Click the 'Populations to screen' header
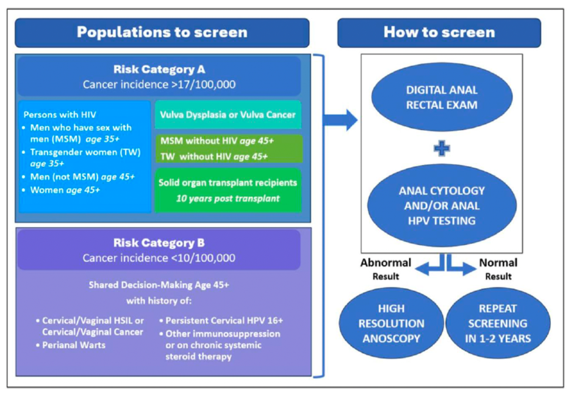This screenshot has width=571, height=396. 162,32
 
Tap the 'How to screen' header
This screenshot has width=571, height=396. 439,32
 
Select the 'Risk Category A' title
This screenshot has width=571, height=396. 159,69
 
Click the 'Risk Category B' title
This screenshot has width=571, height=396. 159,243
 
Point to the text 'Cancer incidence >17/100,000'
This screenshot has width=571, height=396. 159,84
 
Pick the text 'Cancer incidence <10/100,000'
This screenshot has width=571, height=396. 159,258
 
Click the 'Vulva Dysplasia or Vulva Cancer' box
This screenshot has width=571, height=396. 228,114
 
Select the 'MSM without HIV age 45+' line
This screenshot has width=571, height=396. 217,141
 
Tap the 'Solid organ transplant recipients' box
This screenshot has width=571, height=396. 228,190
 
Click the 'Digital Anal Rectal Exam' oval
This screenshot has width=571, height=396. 442,97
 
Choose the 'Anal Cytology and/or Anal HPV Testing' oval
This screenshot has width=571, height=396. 442,206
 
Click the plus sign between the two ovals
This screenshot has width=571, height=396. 442,148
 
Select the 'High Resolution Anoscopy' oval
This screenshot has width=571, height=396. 392,323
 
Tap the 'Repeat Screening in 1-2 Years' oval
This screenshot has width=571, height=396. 498,323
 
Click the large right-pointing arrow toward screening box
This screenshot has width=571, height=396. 340,120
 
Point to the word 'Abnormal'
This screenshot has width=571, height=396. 386,263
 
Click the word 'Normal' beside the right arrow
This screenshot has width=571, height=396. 498,263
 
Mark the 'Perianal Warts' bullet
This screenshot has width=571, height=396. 71,345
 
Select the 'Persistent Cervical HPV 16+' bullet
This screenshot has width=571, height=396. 221,320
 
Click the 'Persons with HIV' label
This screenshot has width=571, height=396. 60,115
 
